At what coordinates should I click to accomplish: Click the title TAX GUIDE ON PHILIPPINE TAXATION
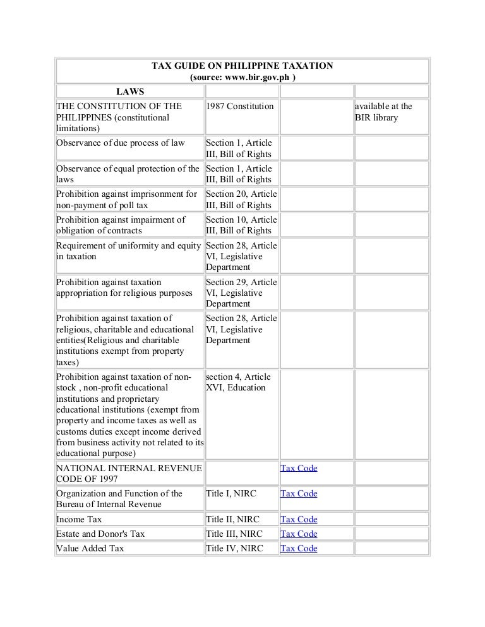coord(242,66)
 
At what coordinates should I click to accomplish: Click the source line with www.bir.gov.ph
coord(242,78)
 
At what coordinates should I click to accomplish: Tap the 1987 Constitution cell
coord(240,106)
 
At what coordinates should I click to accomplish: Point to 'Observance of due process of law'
coord(121,143)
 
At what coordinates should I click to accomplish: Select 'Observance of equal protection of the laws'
coord(129,174)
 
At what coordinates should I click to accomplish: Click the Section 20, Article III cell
coord(241,199)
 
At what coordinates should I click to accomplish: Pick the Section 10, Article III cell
coord(241,225)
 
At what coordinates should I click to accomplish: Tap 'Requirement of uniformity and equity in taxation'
coord(129,251)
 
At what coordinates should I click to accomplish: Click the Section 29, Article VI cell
coord(241,293)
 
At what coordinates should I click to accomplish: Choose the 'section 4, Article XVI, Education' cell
coord(241,382)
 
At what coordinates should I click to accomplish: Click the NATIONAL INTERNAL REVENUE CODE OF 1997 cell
coord(129,474)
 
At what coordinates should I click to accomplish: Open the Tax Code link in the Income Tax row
coord(299,520)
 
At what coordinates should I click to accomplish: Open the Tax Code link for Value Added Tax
coord(299,549)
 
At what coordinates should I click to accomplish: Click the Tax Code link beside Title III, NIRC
coord(299,534)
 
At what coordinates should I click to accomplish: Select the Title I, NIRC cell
coord(231,494)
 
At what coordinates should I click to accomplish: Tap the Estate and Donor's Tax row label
coord(100,534)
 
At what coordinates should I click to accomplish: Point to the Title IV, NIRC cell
coord(233,549)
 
